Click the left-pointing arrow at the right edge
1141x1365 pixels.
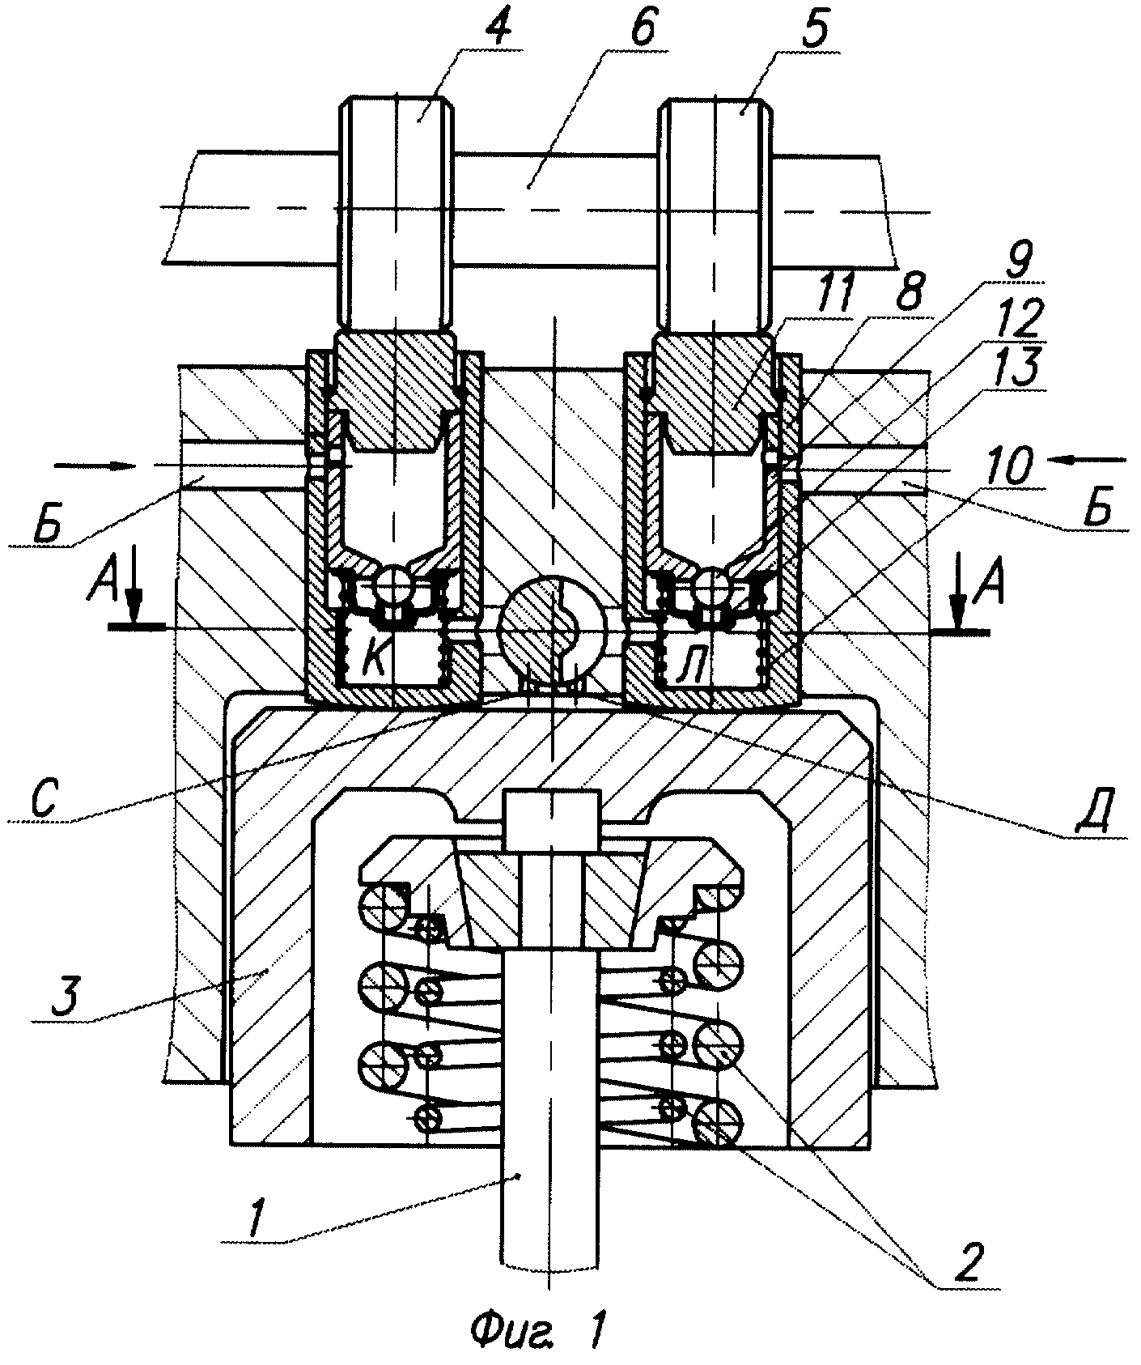(x=1087, y=460)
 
